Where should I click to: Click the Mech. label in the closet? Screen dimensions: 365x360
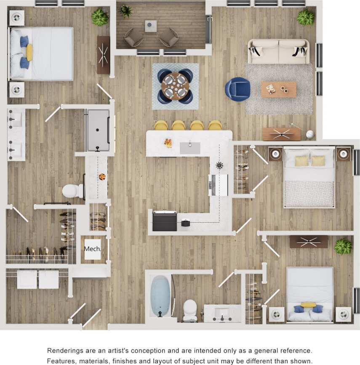(93, 249)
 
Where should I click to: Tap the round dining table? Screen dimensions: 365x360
(175, 86)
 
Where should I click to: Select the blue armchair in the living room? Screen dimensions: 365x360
(237, 89)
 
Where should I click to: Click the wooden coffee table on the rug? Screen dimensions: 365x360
(278, 89)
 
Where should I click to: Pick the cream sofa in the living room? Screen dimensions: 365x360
(278, 51)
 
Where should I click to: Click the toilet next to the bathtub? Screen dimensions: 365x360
(190, 309)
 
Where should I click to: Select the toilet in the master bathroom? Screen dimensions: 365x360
(72, 191)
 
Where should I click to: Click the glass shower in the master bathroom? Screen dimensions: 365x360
(98, 130)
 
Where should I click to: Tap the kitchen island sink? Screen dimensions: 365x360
(190, 148)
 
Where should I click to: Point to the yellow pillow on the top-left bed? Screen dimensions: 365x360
(29, 52)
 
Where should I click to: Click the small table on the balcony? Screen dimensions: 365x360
(151, 26)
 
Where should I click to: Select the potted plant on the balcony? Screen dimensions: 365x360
(125, 10)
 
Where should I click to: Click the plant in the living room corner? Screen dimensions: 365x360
(305, 17)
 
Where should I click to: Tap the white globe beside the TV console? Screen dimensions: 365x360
(310, 134)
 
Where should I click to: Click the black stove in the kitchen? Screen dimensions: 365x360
(165, 221)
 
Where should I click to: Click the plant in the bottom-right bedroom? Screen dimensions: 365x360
(343, 246)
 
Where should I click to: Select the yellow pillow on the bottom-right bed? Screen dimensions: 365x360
(308, 304)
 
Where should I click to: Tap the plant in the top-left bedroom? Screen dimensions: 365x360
(100, 17)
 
